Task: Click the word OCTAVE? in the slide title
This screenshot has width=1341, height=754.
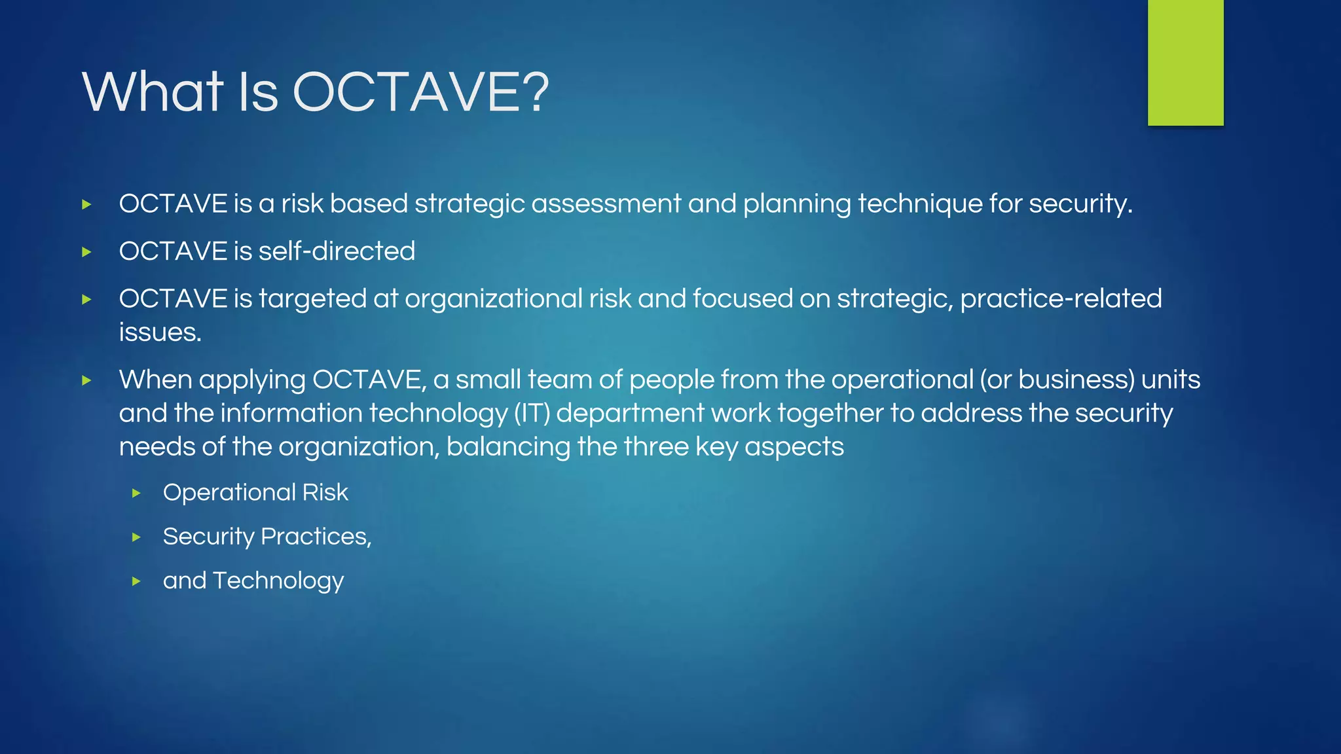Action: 420,92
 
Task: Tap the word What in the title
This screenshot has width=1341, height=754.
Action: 153,92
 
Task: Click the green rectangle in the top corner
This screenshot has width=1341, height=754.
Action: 1185,62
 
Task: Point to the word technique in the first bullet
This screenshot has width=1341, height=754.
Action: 920,204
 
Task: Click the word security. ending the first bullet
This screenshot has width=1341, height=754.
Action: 1080,204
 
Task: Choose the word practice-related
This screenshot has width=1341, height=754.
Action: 1061,299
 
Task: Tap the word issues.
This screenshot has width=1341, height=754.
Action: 160,332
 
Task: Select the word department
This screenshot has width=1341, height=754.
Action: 630,414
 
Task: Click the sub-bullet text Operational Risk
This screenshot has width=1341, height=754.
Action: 255,493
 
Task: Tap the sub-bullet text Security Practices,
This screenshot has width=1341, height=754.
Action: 267,537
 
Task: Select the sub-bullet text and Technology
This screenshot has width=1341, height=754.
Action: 253,581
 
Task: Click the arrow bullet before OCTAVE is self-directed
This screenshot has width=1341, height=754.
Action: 86,252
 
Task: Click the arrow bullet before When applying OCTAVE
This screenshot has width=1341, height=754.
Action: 86,380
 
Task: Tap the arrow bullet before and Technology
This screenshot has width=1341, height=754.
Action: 136,581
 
